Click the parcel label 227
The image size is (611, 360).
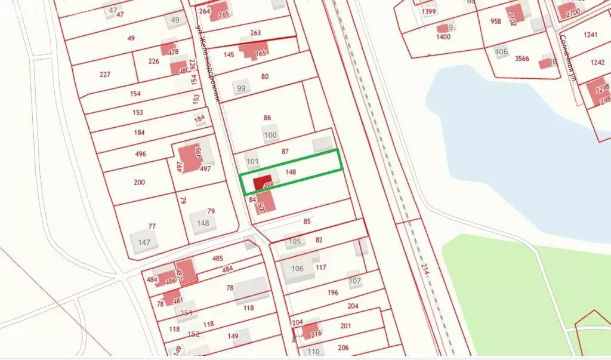pyautogui.click(x=105, y=74)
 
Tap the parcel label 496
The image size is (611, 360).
pyautogui.click(x=141, y=154)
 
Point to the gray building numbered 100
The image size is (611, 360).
pyautogui.click(x=270, y=135)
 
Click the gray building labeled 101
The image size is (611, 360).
pyautogui.click(x=252, y=161)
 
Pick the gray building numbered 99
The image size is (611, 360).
pyautogui.click(x=241, y=88)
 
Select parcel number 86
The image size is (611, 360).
pyautogui.click(x=267, y=118)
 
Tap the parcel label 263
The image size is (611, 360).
pyautogui.click(x=255, y=33)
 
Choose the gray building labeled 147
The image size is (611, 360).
pyautogui.click(x=144, y=242)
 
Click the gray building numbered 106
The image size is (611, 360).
pyautogui.click(x=297, y=268)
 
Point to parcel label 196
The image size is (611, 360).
pyautogui.click(x=333, y=293)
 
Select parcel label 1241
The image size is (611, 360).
pyautogui.click(x=590, y=35)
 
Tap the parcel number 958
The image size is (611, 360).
pyautogui.click(x=496, y=21)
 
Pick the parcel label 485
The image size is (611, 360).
pyautogui.click(x=217, y=259)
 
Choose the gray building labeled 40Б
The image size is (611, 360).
pyautogui.click(x=501, y=51)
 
